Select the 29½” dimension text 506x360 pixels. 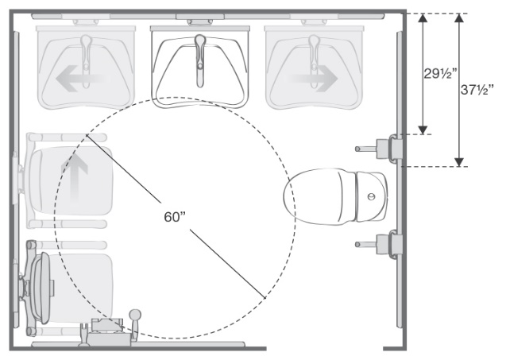tap(440, 74)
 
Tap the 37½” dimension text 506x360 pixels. tap(477, 90)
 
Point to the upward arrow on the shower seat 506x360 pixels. tap(74, 177)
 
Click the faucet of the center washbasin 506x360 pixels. tap(200, 60)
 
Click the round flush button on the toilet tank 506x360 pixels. tap(372, 196)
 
